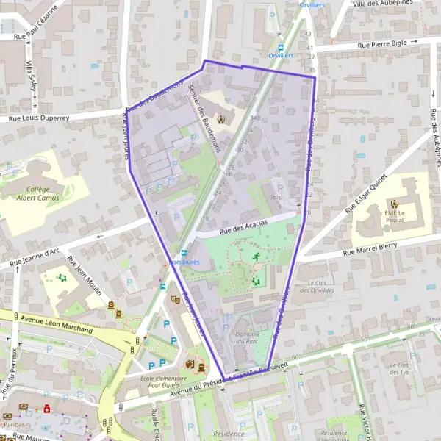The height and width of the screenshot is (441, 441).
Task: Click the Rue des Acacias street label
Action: (244, 225)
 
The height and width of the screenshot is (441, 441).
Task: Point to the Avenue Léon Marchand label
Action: (57, 323)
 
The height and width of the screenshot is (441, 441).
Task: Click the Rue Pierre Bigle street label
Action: (381, 44)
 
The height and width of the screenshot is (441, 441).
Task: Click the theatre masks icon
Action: (176, 300)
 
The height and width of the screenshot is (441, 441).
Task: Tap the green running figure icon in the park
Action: (256, 257)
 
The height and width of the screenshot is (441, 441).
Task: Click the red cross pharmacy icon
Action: (46, 407)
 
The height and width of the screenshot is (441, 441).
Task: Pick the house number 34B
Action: (255, 118)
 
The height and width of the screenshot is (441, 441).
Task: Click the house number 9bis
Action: (276, 197)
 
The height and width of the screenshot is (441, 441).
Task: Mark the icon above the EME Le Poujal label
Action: (395, 203)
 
